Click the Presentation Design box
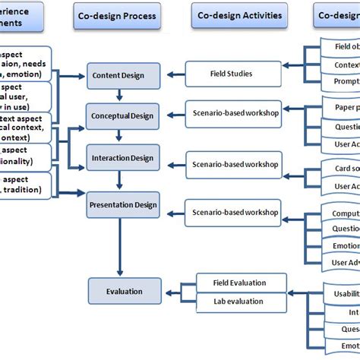click(124, 204)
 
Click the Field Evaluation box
click(242, 283)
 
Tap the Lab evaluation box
click(242, 300)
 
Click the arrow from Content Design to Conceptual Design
click(120, 95)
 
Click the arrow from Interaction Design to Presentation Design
click(120, 181)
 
